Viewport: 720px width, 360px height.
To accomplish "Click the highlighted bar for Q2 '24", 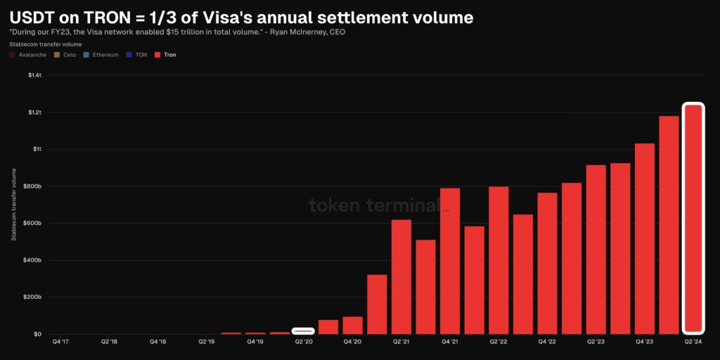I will pyautogui.click(x=693, y=218).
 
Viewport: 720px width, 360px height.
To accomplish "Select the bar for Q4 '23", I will pyautogui.click(x=645, y=239).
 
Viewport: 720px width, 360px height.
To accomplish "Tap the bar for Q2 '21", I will pyautogui.click(x=401, y=277).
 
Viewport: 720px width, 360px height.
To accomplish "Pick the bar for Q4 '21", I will pyautogui.click(x=450, y=261).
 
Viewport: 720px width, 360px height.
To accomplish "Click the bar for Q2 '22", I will pyautogui.click(x=499, y=260).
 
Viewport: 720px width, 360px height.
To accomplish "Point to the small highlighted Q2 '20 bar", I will pyautogui.click(x=304, y=330).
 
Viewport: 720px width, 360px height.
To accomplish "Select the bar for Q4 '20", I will pyautogui.click(x=352, y=326).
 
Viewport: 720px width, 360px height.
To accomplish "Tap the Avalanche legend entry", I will pyautogui.click(x=29, y=55).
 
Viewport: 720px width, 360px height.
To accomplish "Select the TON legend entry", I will pyautogui.click(x=139, y=55).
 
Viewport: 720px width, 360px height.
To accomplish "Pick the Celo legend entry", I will pyautogui.click(x=65, y=55).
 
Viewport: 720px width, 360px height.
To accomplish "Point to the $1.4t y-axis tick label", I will pyautogui.click(x=34, y=75).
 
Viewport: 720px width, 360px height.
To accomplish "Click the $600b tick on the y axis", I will pyautogui.click(x=33, y=224).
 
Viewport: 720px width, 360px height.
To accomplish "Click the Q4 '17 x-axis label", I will pyautogui.click(x=60, y=342).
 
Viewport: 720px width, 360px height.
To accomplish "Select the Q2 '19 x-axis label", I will pyautogui.click(x=207, y=342).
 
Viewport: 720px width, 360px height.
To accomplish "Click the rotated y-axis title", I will pyautogui.click(x=13, y=205).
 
